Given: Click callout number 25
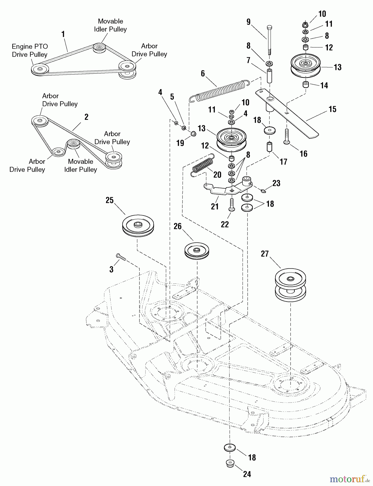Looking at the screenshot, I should pyautogui.click(x=109, y=200).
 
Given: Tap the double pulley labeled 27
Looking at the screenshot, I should pyautogui.click(x=290, y=285).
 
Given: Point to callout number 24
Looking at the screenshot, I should pyautogui.click(x=247, y=474).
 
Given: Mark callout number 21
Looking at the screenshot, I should pyautogui.click(x=215, y=207).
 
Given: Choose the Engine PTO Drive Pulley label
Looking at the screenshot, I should pyautogui.click(x=30, y=50).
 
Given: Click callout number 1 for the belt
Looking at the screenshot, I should pyautogui.click(x=63, y=34).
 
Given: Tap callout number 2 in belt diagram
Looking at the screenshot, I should pyautogui.click(x=86, y=117).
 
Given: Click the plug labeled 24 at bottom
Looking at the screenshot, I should pyautogui.click(x=230, y=463).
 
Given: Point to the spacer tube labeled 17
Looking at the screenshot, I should pyautogui.click(x=269, y=147).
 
